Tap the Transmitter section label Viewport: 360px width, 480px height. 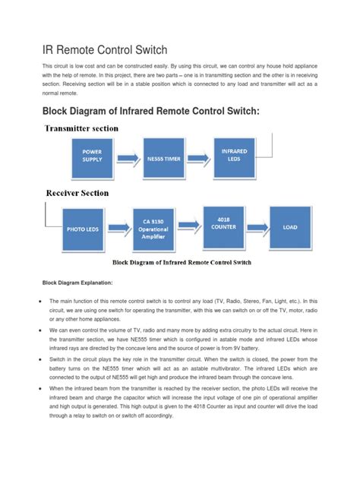(81, 128)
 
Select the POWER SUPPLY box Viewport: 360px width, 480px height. (92, 156)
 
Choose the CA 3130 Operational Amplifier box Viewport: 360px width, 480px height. (154, 227)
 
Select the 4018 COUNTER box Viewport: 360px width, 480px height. (222, 226)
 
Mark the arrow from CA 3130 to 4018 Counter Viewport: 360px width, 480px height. (188, 226)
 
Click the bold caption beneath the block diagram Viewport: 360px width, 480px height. (183, 264)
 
